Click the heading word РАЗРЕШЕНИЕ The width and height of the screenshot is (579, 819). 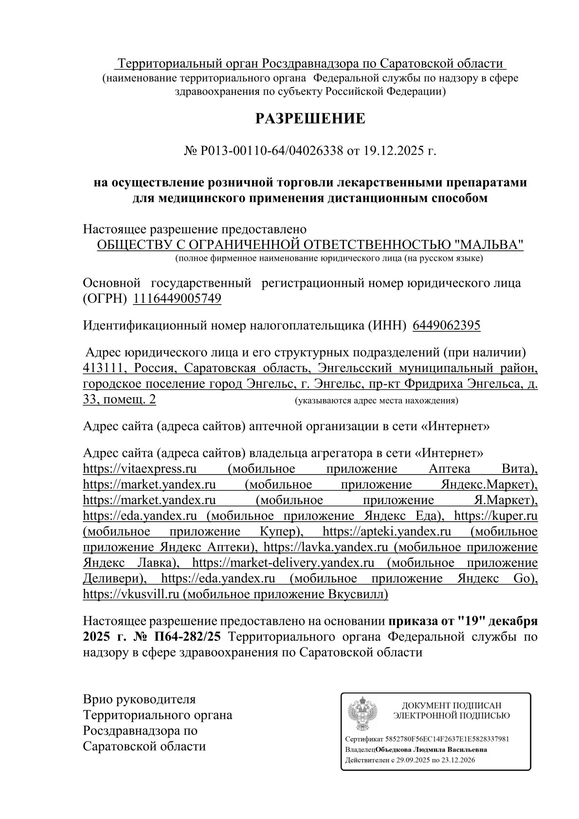pos(310,119)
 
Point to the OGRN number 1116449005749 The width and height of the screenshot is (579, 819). pos(177,299)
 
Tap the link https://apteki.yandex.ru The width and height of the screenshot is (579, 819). pos(387,531)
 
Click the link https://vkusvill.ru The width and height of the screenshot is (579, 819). pos(131,594)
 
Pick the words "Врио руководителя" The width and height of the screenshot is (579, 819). pos(139,700)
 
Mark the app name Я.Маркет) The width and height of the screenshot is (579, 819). pos(501,500)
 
